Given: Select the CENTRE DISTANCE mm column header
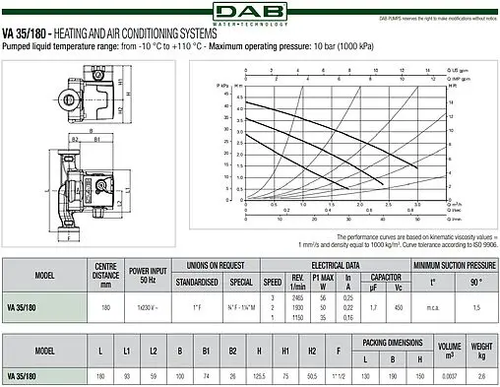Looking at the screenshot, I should click(x=105, y=271).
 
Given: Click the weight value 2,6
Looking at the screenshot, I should click(x=480, y=375).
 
